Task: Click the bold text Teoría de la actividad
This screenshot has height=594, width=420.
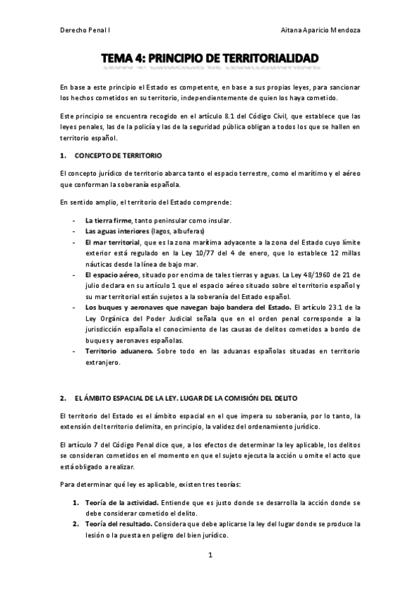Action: coord(121,503)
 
